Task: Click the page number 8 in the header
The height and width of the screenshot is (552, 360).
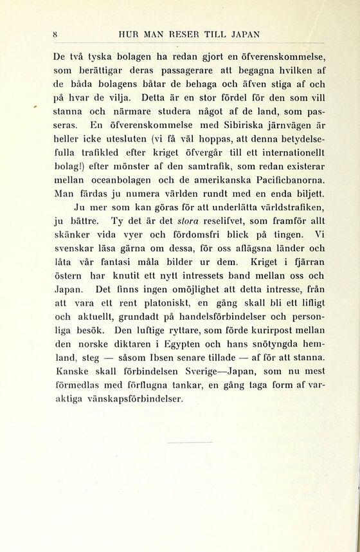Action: coord(57,34)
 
